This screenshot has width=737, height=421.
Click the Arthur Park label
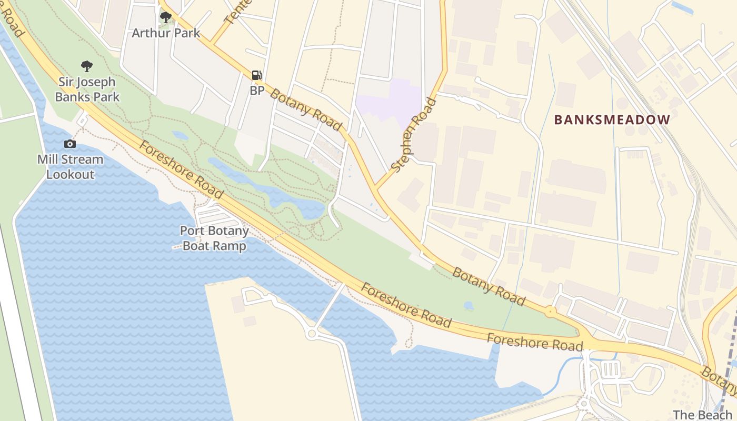pyautogui.click(x=166, y=33)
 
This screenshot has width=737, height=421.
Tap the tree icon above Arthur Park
pyautogui.click(x=166, y=17)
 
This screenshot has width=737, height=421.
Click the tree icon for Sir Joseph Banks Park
pyautogui.click(x=87, y=66)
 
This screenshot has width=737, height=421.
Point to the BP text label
pyautogui.click(x=257, y=91)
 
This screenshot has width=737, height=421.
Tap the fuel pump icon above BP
pyautogui.click(x=256, y=75)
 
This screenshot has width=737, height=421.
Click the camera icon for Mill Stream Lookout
pyautogui.click(x=69, y=144)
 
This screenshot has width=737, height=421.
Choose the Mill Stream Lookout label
pyautogui.click(x=70, y=166)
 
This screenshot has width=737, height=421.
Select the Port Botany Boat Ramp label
pyautogui.click(x=214, y=238)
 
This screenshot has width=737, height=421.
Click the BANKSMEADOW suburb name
pyautogui.click(x=612, y=120)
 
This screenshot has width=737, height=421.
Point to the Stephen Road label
pyautogui.click(x=414, y=135)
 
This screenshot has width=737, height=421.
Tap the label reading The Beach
pyautogui.click(x=702, y=415)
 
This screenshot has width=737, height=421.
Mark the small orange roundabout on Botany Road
pyautogui.click(x=551, y=312)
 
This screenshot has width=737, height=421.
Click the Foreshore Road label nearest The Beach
pyautogui.click(x=535, y=342)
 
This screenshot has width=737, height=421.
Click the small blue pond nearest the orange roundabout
pyautogui.click(x=468, y=305)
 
